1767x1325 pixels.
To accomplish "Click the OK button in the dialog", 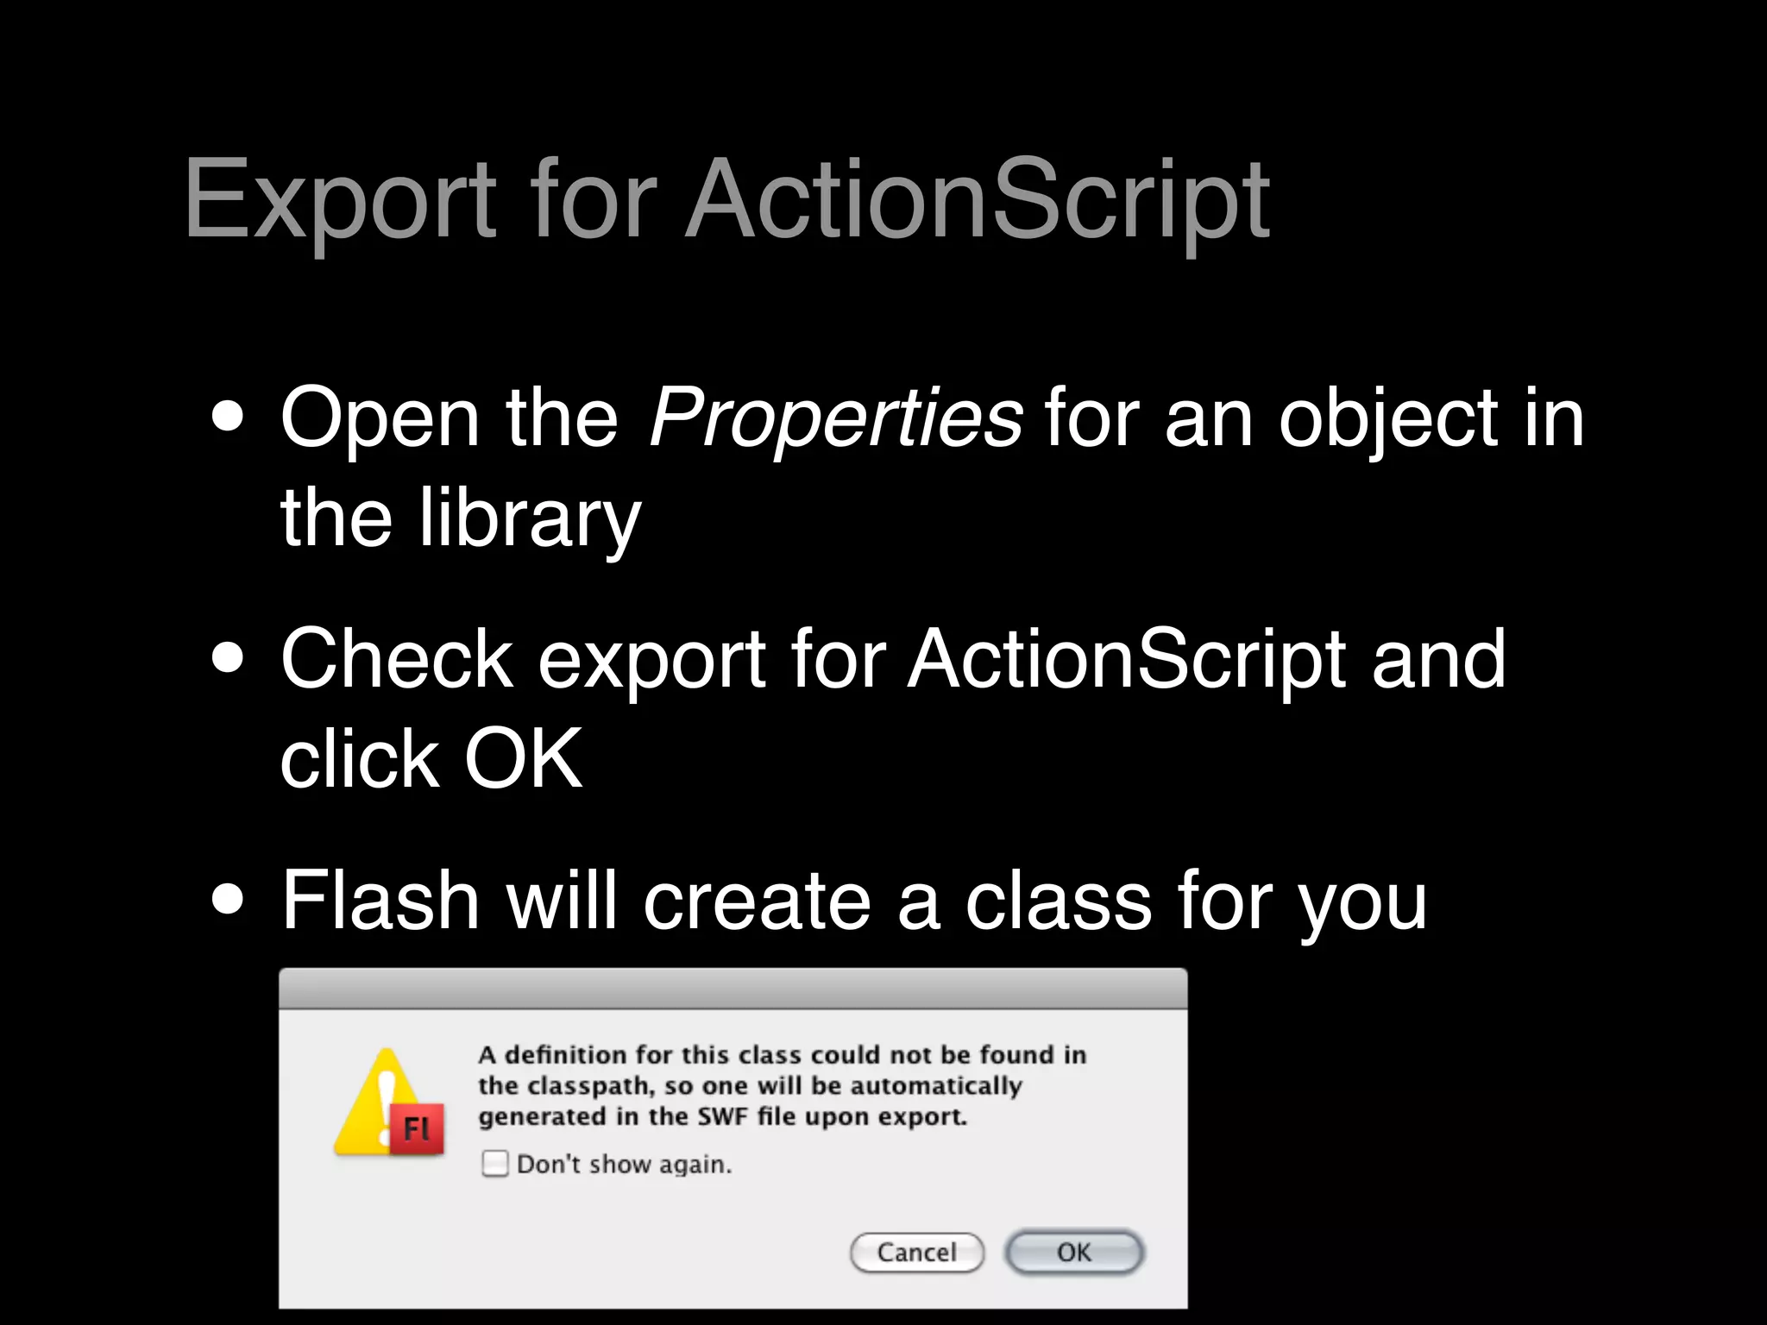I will (x=1074, y=1252).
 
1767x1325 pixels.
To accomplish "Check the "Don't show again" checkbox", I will (x=494, y=1164).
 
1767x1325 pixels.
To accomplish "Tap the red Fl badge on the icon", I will (x=418, y=1128).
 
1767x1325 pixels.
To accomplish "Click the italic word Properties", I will (x=835, y=418).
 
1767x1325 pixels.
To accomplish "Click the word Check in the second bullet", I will (x=397, y=659).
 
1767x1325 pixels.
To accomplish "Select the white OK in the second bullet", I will (x=523, y=758).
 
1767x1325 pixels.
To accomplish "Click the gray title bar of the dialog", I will (x=733, y=989).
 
